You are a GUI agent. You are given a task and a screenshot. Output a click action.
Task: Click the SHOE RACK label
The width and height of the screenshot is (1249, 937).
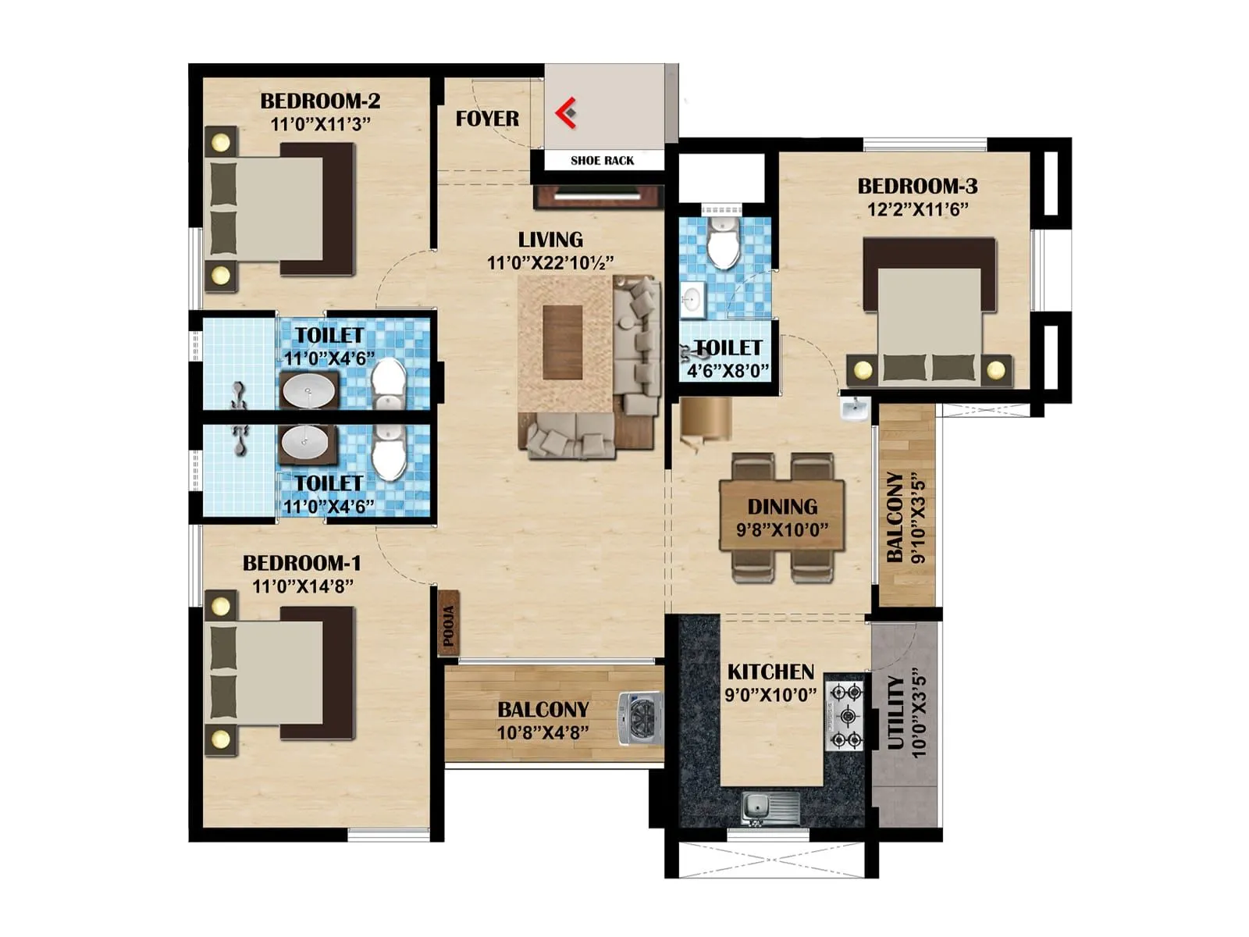(602, 161)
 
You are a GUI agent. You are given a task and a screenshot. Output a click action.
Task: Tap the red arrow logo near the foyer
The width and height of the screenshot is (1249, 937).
(567, 112)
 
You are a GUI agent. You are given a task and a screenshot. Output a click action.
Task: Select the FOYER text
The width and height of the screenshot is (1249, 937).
(487, 119)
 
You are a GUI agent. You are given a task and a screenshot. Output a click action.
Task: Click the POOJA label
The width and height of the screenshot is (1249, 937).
(449, 627)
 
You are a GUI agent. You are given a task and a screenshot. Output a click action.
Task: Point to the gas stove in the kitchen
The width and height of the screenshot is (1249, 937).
(846, 715)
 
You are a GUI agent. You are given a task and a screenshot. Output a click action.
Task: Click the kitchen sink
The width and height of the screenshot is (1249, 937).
(770, 807)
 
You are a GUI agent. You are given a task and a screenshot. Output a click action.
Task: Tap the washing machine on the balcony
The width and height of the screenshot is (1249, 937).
(641, 717)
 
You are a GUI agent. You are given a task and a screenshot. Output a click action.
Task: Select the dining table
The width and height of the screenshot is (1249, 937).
(782, 517)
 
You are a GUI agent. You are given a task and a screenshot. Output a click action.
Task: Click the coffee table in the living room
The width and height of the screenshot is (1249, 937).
(563, 342)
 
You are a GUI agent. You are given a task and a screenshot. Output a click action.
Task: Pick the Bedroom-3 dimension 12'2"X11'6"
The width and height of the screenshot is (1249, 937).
(917, 209)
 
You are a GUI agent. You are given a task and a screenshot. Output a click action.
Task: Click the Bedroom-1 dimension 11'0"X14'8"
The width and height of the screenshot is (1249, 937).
(302, 586)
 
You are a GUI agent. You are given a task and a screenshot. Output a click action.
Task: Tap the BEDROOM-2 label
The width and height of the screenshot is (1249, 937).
(320, 101)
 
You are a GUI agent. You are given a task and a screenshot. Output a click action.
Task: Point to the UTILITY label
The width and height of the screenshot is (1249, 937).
(895, 712)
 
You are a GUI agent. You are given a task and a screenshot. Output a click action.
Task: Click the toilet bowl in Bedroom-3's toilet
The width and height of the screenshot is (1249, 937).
(724, 244)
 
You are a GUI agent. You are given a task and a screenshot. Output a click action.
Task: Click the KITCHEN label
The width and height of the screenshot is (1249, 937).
(770, 672)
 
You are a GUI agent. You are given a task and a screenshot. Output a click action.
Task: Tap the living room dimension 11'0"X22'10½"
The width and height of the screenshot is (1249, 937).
(550, 263)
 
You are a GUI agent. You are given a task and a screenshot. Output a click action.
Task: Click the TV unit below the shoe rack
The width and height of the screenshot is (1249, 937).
(599, 196)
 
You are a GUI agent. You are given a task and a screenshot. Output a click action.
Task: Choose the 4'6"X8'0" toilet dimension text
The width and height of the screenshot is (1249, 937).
(728, 370)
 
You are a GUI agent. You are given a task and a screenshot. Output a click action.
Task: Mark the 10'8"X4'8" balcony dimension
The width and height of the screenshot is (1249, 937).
(543, 732)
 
